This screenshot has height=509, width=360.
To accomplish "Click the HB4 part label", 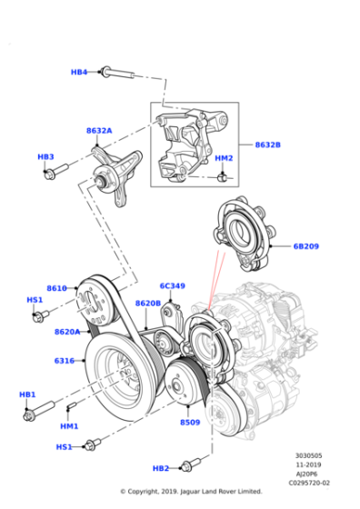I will (x=79, y=72).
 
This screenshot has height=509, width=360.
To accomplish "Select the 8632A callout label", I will (x=99, y=131).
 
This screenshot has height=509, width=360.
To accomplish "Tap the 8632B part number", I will (x=267, y=145).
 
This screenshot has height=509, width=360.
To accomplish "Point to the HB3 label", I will (x=45, y=156).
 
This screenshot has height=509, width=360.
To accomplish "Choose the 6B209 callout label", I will (x=305, y=245).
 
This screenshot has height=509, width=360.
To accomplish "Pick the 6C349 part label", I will (x=172, y=285).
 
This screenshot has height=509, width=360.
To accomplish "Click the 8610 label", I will (x=56, y=288).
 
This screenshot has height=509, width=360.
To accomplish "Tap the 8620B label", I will (x=148, y=303).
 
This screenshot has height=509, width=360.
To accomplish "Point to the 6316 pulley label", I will (x=64, y=361).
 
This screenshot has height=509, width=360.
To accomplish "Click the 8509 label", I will (x=189, y=423).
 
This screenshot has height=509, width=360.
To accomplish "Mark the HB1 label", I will (x=27, y=394).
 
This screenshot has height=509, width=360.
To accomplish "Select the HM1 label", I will (x=70, y=425).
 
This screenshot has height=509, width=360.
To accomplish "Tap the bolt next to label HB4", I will (x=113, y=71).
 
